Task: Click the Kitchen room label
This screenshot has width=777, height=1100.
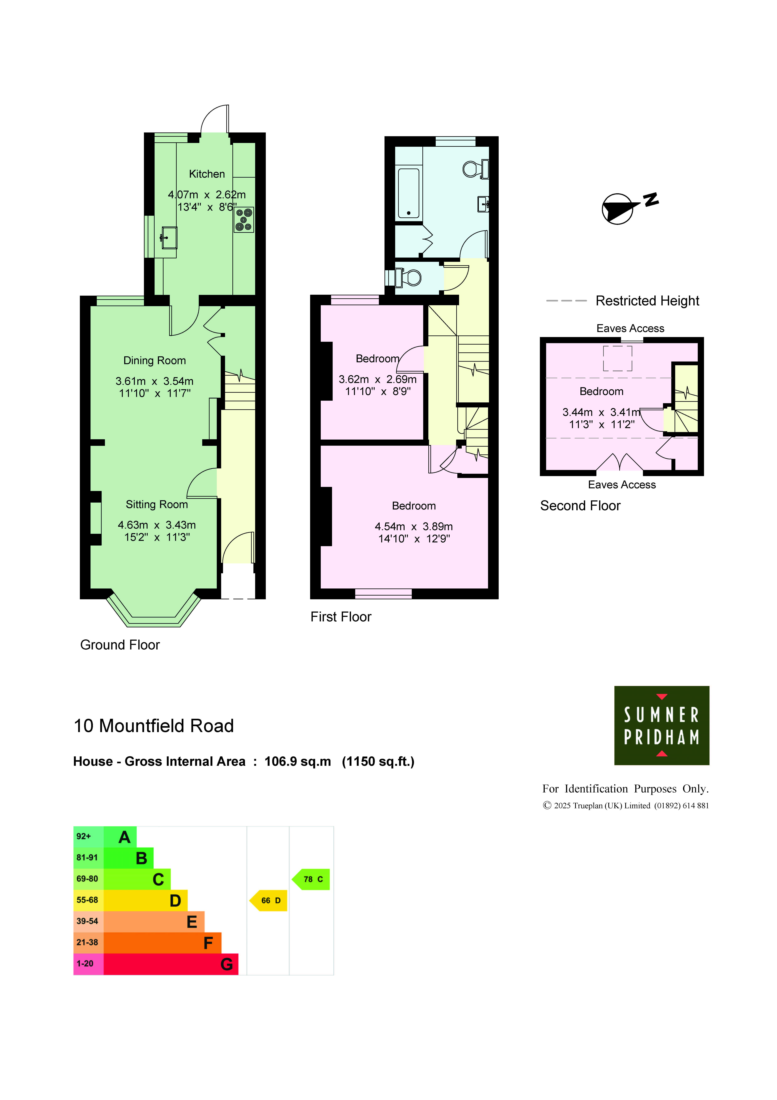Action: pos(207,174)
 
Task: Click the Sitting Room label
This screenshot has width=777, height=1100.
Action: pos(157,504)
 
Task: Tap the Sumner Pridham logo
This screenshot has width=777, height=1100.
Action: pos(662,725)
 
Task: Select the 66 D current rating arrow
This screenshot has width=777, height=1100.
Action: pos(268,901)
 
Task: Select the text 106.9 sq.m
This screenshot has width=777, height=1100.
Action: pos(298,762)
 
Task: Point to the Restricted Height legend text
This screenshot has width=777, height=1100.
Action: pos(647,301)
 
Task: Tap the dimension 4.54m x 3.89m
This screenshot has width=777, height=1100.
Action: pos(414,527)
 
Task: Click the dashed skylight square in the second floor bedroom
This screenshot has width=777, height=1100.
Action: pos(618,358)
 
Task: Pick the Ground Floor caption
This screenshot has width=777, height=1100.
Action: pos(120,645)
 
